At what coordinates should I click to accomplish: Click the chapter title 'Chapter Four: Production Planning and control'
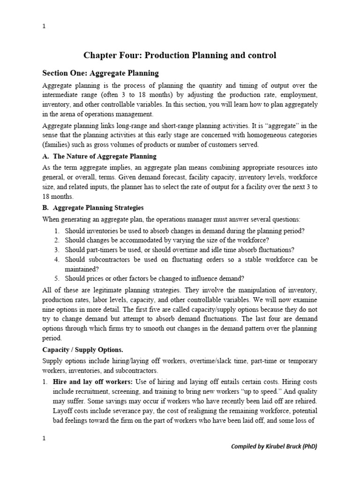[180, 55]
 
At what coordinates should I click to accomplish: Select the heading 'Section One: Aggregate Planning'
[100, 73]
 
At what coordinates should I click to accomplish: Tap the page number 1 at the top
[44, 26]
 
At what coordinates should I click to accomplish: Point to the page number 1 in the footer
[44, 438]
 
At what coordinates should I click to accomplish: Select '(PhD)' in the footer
[307, 446]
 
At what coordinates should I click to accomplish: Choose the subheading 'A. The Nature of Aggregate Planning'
[99, 156]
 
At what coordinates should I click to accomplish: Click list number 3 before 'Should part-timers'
[56, 249]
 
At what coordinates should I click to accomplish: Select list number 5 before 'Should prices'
[56, 277]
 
